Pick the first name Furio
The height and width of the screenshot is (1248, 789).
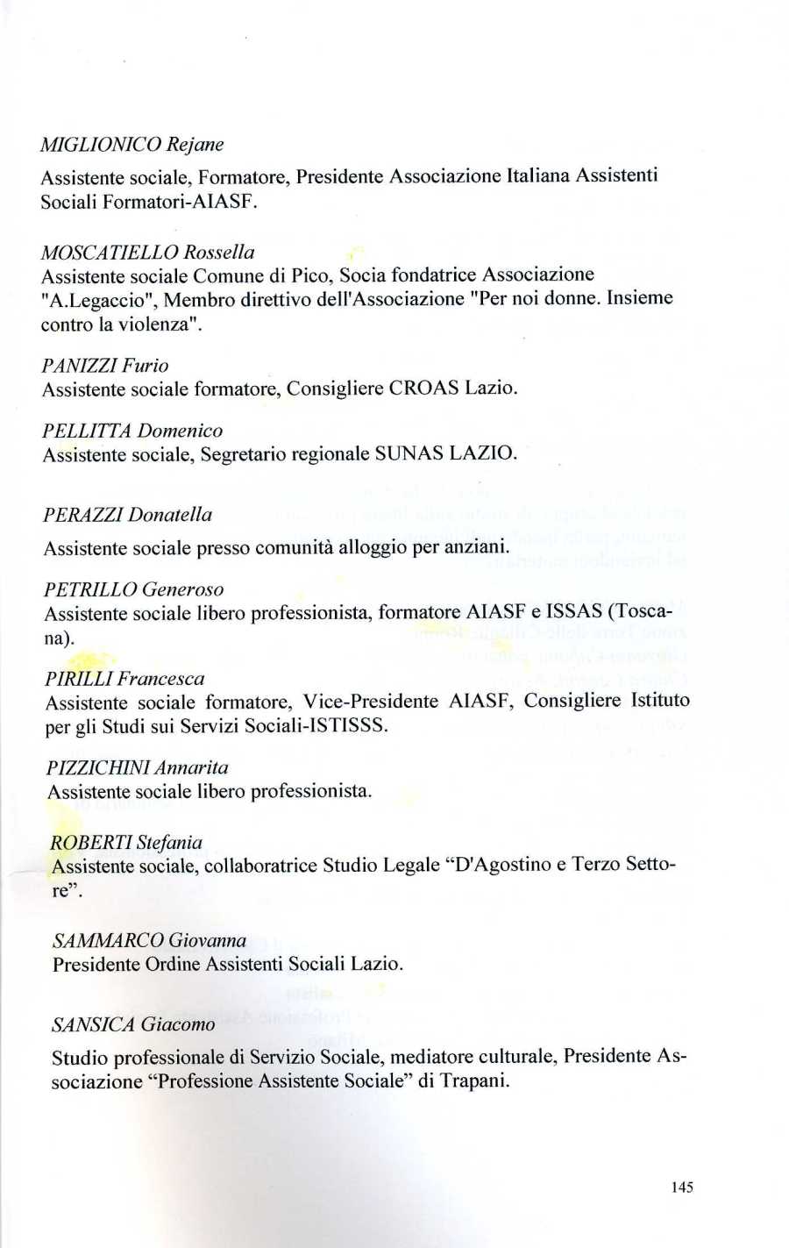pos(146,366)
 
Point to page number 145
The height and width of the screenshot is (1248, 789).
pos(681,1187)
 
